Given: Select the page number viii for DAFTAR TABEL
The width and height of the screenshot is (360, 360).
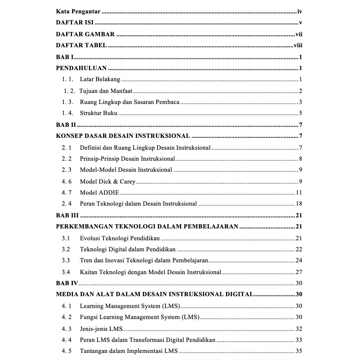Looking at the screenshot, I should point(298,45).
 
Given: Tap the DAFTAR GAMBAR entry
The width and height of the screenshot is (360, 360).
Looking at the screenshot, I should point(85,34).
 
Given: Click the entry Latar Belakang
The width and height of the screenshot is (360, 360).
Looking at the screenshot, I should point(100,80).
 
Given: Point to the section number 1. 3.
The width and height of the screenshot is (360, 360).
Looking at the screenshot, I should point(67,102).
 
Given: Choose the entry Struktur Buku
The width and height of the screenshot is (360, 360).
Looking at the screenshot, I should point(98,113).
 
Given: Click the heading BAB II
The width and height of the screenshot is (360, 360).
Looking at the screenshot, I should point(66,125).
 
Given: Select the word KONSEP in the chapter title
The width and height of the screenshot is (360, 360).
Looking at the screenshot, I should point(68,136).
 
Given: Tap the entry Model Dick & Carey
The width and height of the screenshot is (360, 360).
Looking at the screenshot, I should point(108,182).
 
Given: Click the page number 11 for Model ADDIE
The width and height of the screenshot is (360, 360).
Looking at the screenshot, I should point(299,193).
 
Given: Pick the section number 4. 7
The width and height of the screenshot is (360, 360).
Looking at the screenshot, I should point(67,193).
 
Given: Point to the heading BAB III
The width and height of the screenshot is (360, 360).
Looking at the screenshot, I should point(67,215).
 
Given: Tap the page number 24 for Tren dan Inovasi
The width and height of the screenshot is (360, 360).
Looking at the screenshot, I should point(299,260).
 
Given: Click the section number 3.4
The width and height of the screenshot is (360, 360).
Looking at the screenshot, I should point(66,272).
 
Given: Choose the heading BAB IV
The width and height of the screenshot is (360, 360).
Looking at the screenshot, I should point(67,283).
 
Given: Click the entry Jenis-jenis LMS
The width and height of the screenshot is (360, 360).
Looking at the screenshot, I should point(101,328).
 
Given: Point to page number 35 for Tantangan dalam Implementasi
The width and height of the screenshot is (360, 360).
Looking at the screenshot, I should point(299,351).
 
